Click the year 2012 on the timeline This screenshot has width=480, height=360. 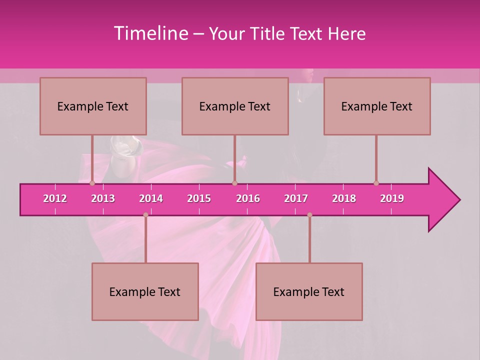click(x=55, y=198)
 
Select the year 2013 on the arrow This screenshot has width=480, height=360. click(x=103, y=198)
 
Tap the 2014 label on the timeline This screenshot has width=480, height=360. click(x=151, y=198)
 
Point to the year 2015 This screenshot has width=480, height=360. click(x=199, y=198)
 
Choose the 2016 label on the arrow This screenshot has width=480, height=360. click(x=248, y=198)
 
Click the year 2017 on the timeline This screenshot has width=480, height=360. click(x=296, y=198)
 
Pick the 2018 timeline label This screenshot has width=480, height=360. click(x=344, y=198)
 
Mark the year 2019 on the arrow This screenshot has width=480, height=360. click(x=392, y=198)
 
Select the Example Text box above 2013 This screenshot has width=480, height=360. click(x=93, y=106)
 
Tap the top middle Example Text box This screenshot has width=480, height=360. click(x=235, y=106)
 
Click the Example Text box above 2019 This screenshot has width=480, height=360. click(x=377, y=106)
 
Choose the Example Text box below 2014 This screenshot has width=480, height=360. click(x=145, y=291)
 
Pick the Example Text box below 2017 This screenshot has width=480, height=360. click(x=309, y=291)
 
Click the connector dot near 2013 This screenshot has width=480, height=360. click(x=92, y=183)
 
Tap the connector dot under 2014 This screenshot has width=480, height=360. click(x=145, y=215)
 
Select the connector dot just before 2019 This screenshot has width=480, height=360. click(x=376, y=183)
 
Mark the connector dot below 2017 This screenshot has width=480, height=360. click(x=309, y=215)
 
